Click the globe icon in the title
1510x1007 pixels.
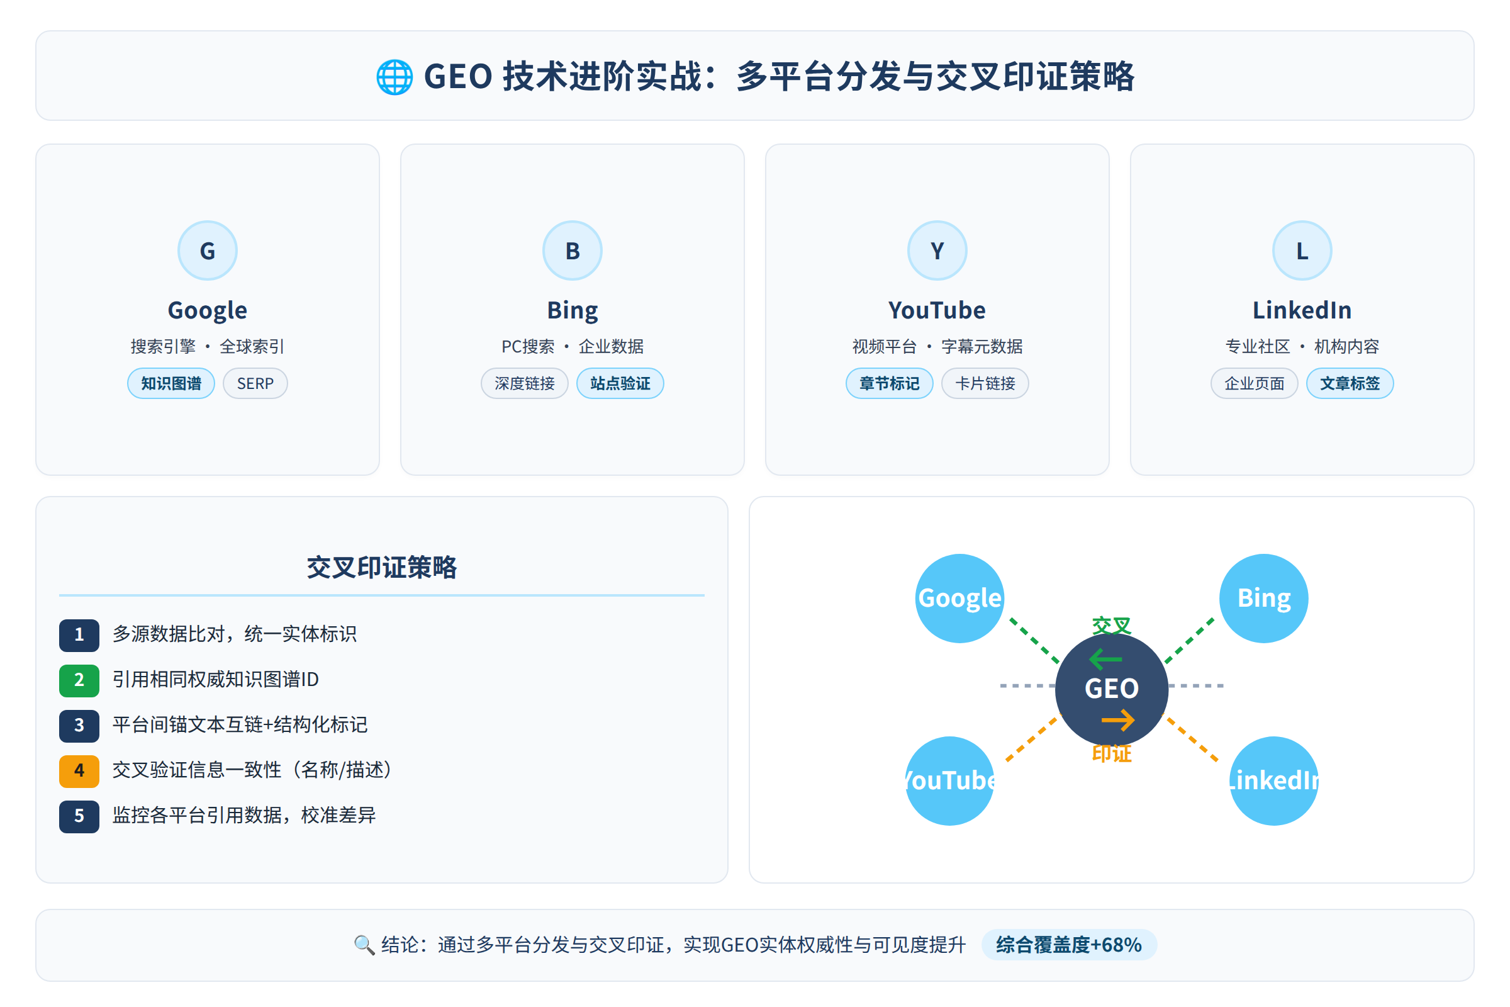point(394,77)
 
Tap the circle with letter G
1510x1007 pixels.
point(208,250)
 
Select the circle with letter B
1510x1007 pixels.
point(572,250)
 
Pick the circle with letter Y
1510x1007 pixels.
point(937,250)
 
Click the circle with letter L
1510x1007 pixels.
point(1301,250)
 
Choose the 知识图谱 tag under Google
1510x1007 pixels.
point(171,383)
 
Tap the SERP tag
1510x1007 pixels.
point(255,383)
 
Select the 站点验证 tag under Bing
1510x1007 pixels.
point(620,383)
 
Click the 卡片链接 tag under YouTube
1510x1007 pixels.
point(985,383)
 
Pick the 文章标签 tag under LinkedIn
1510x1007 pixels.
point(1350,383)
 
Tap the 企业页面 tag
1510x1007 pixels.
point(1254,383)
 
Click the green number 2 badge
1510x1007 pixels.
point(79,680)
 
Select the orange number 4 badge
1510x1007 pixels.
point(79,770)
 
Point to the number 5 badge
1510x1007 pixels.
point(79,816)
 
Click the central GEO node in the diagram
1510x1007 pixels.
point(1111,689)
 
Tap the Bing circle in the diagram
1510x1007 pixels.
point(1263,598)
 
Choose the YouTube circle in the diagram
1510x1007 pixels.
point(949,780)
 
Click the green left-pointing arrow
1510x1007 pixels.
point(1105,659)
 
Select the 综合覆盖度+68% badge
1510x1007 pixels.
point(1068,945)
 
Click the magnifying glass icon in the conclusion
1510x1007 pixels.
point(364,945)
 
